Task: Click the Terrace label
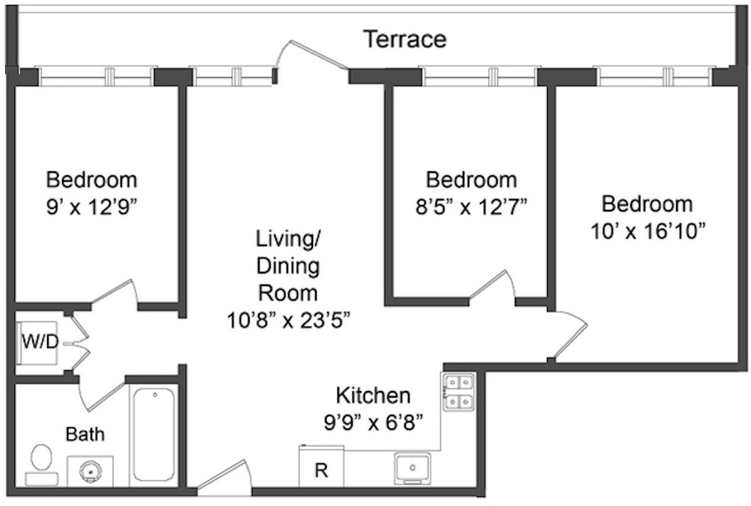click(404, 39)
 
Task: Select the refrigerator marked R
click(321, 468)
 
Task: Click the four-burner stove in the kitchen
click(459, 393)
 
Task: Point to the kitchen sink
click(412, 468)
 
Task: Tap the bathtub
click(153, 435)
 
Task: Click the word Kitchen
click(373, 395)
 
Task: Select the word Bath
click(85, 433)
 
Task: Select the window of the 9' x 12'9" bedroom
click(96, 76)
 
